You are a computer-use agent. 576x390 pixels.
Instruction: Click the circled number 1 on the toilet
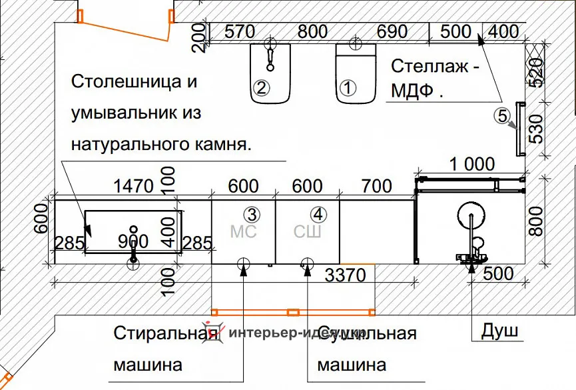coord(348,87)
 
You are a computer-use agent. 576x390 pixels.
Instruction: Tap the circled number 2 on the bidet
coord(261,87)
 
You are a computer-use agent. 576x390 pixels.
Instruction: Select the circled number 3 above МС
coord(251,214)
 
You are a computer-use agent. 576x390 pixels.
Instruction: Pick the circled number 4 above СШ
coord(319,214)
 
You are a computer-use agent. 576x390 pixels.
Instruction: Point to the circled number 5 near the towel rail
coord(501,115)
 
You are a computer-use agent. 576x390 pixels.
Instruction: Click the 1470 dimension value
coord(134,186)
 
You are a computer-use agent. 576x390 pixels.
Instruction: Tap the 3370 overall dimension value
coord(346,274)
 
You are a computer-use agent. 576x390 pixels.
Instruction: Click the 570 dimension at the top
coord(240,31)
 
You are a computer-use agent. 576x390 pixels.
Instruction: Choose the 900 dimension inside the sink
coord(133,241)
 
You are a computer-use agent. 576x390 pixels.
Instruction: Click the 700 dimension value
coord(376,186)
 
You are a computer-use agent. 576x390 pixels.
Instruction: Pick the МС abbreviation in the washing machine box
coord(242,232)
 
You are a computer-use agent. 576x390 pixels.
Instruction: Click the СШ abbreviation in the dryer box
coord(308,232)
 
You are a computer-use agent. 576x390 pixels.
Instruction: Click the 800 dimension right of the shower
coord(537,219)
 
